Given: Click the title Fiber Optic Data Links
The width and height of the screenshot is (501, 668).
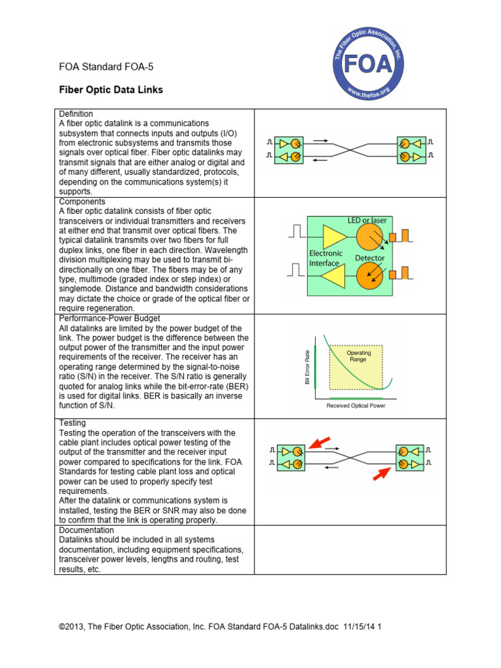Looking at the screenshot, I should [x=111, y=89].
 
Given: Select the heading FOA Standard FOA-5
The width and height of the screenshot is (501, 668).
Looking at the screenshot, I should [x=106, y=67].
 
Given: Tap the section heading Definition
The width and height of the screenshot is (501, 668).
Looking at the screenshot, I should [x=76, y=114].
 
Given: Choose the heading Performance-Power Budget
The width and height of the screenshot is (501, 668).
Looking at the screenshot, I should [x=109, y=318].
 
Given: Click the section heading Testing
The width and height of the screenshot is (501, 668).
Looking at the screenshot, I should [x=72, y=423].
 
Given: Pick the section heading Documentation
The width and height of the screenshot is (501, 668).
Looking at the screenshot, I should [x=87, y=530].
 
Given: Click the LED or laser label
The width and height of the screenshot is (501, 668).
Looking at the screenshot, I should [x=367, y=220].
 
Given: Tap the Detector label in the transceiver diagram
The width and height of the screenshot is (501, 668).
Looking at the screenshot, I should [x=369, y=258].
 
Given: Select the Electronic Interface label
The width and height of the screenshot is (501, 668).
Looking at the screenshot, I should [x=326, y=258].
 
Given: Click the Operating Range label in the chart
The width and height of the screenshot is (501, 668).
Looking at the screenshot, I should [x=359, y=356].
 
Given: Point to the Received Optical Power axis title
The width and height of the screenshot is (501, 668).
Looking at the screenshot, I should [x=356, y=406].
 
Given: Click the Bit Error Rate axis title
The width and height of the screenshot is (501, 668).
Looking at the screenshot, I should [x=307, y=367].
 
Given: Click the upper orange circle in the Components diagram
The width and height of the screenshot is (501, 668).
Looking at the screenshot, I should [x=369, y=239].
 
